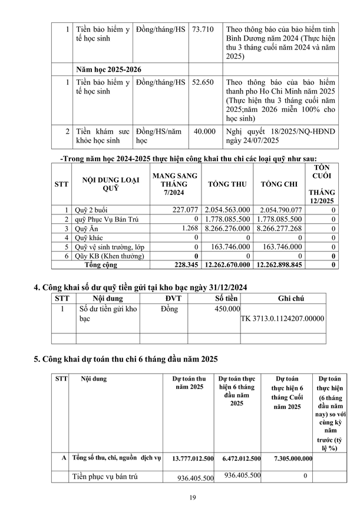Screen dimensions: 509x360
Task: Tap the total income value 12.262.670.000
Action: pyautogui.click(x=227, y=265)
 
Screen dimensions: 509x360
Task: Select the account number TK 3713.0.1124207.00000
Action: pyautogui.click(x=282, y=319)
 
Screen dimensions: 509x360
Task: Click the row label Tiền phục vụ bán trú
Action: pyautogui.click(x=105, y=477)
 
